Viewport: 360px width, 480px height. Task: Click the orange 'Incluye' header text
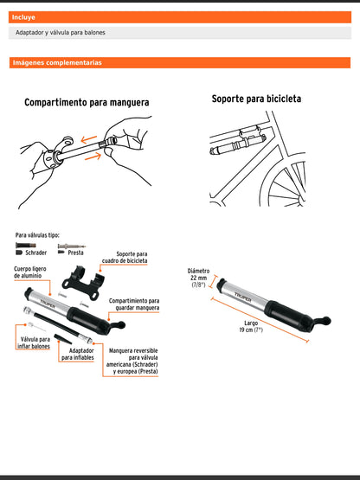click(24, 16)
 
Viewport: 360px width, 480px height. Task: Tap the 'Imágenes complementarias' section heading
click(57, 62)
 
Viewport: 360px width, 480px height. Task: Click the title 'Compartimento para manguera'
click(87, 102)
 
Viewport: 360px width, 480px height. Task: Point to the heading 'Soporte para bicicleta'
click(256, 99)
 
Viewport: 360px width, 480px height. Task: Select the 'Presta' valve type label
click(75, 253)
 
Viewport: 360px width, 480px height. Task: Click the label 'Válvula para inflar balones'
click(33, 345)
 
